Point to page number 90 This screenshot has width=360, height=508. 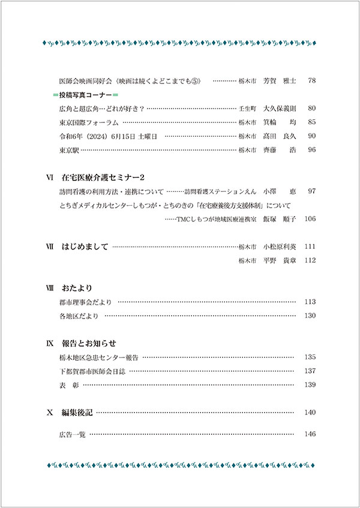coord(311,136)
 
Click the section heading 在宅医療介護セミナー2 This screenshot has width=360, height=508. coord(104,178)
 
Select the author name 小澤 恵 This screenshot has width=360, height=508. coord(280,191)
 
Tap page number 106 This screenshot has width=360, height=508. coord(310,219)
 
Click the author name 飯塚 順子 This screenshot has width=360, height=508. coord(280,219)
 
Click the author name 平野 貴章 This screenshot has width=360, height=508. coord(280,260)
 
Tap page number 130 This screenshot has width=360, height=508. coord(310,315)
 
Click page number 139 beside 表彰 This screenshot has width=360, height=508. coord(310,384)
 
